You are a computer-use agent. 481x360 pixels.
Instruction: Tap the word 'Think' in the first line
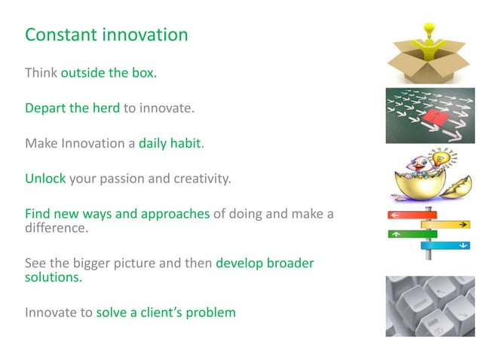click(x=41, y=73)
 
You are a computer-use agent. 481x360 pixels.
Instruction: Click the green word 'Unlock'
click(x=45, y=178)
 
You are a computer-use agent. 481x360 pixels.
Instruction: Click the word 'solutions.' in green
click(x=54, y=276)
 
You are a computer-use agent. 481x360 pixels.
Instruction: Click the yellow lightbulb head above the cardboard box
click(x=430, y=32)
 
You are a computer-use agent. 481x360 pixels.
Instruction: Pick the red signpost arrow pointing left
click(x=408, y=215)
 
